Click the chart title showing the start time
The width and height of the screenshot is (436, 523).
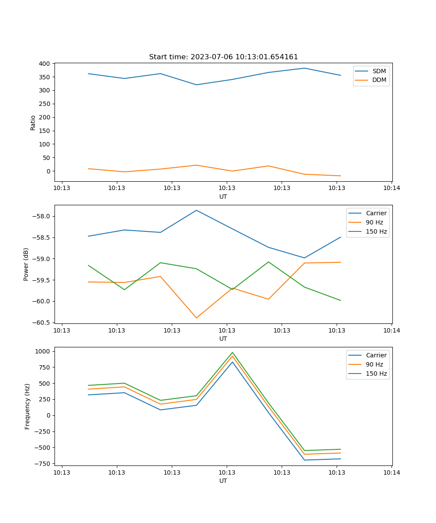[223, 57]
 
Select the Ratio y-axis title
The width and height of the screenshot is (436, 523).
[33, 122]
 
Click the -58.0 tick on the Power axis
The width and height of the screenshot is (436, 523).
[42, 217]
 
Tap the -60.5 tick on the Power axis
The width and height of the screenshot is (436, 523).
[42, 323]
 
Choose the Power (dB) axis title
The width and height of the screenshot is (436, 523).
[26, 264]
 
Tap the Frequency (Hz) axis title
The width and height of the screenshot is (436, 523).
[27, 406]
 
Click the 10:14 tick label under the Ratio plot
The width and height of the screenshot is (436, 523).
[392, 188]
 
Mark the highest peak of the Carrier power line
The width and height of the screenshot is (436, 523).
[196, 210]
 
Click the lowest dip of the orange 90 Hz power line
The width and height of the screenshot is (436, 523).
[196, 318]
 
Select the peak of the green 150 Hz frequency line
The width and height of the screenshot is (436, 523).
[232, 353]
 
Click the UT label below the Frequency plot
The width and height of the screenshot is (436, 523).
[223, 481]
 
